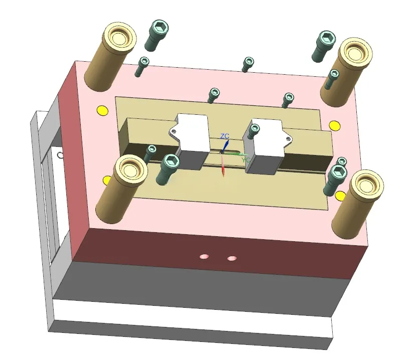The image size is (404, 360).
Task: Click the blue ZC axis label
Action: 225,136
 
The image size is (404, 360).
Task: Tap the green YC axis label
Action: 245,160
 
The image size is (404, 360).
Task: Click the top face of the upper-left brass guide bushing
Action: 119,38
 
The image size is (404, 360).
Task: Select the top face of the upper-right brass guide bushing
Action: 356,53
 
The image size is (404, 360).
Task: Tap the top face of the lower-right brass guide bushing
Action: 367,186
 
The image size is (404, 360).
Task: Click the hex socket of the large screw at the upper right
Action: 327,37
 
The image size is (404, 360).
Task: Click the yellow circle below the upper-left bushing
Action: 102,110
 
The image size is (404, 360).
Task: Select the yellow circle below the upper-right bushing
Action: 335,125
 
